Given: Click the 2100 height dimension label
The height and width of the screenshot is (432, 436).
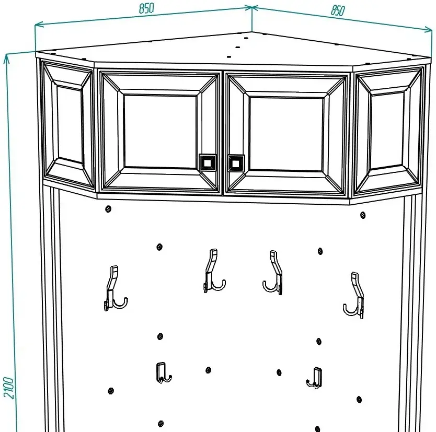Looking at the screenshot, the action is click(8, 388).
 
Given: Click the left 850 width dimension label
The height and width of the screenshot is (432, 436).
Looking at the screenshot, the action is click(146, 8).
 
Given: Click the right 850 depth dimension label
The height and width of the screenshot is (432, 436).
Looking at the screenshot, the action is click(338, 10).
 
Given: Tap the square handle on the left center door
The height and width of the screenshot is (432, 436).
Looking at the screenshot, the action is click(208, 162).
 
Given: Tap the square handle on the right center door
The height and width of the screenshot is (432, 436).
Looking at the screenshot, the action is click(236, 163).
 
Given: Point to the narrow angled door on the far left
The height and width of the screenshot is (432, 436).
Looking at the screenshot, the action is click(68, 125).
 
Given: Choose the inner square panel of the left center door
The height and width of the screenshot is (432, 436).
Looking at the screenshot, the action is click(160, 132).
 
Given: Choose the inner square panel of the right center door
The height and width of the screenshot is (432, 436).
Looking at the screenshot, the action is click(286, 134).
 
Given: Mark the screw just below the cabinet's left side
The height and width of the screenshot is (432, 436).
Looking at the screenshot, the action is click(108, 209).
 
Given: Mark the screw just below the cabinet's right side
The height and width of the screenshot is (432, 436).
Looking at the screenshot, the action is click(363, 215).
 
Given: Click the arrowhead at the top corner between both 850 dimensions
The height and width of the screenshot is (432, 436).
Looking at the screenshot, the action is click(252, 8).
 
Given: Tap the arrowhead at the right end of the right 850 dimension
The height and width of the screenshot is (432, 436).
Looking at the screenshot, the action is click(428, 29).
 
